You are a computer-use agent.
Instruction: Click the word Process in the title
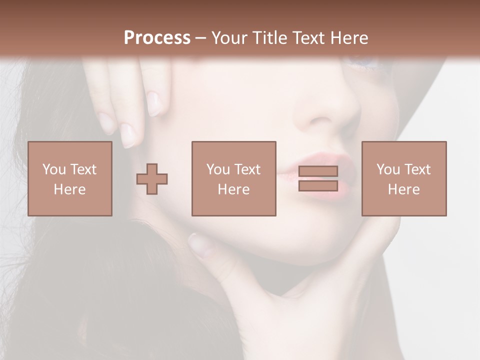point(157,38)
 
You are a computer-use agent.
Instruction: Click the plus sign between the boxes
point(152,179)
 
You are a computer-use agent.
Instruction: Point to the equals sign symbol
point(318,178)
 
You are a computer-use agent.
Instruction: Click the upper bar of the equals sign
point(318,171)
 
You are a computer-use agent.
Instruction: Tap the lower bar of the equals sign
point(318,186)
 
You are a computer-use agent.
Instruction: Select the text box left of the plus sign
point(70,178)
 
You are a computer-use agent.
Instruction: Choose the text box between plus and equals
point(233,178)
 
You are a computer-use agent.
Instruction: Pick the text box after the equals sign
point(403,178)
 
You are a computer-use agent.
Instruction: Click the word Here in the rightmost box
point(403,189)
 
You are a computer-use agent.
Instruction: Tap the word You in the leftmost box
point(54,169)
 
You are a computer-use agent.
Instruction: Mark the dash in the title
point(201,38)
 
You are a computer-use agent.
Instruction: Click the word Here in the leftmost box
point(69,189)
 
